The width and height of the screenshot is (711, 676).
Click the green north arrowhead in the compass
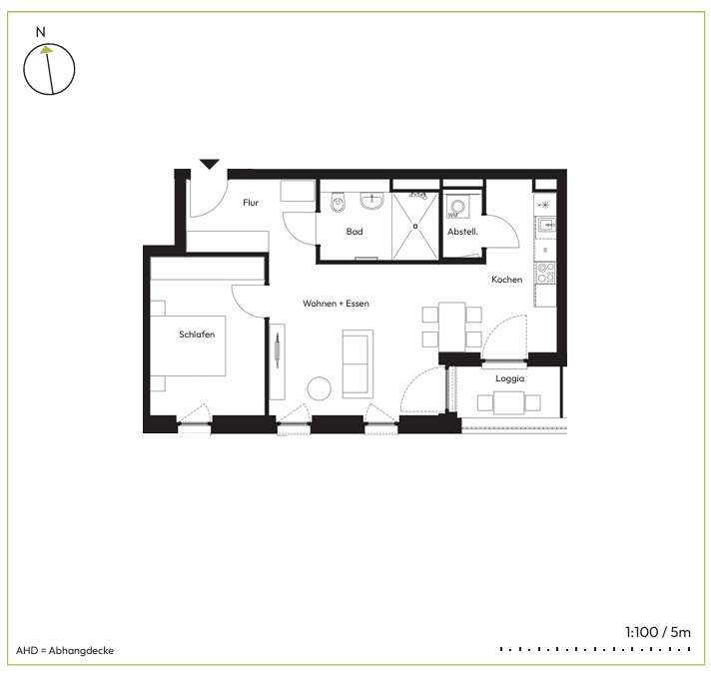[46, 50]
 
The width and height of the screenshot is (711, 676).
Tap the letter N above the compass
[41, 32]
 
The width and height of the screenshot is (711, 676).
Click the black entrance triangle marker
[209, 164]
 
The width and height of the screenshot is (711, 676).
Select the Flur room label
[251, 203]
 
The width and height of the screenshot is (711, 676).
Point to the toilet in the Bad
[338, 203]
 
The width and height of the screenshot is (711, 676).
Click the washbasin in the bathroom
[371, 201]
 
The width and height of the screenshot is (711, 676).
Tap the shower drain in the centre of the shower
[415, 226]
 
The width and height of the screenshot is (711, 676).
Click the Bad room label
[355, 232]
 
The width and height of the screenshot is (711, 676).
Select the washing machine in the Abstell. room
[457, 207]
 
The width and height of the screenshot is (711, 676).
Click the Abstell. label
[462, 232]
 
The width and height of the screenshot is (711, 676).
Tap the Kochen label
[507, 280]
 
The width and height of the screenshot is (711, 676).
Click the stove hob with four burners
[545, 273]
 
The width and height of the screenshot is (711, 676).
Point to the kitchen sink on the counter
[546, 225]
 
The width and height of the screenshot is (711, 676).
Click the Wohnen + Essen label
[336, 304]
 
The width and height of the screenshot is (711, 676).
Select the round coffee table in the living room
[320, 388]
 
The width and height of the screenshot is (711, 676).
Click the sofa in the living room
[357, 364]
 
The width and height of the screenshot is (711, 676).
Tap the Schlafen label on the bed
[197, 335]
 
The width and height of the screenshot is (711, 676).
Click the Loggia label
[510, 378]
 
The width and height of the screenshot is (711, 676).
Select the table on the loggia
[508, 403]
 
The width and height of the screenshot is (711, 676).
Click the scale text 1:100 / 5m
[658, 632]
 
